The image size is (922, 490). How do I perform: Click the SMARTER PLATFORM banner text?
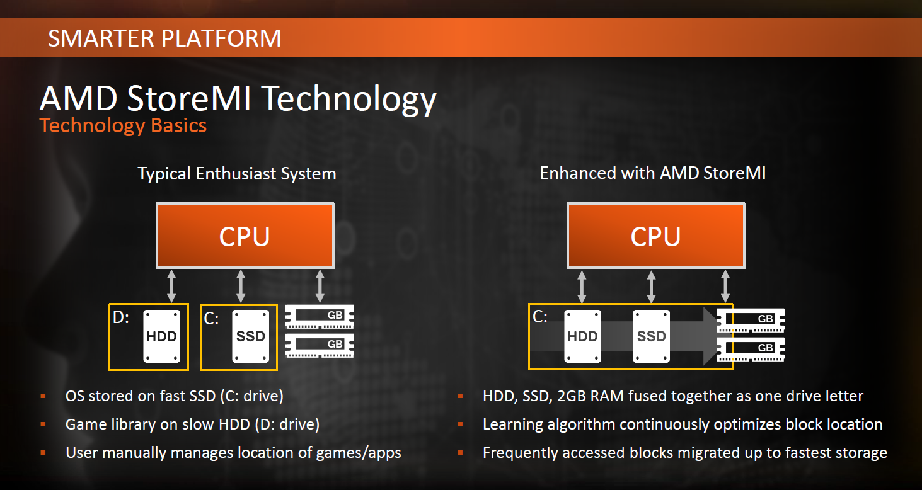[x=164, y=38]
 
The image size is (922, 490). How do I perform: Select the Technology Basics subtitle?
[x=123, y=125]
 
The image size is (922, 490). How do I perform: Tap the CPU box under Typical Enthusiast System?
[x=245, y=236]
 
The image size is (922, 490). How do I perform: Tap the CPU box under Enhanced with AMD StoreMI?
[x=655, y=236]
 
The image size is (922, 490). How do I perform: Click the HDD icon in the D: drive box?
[x=161, y=336]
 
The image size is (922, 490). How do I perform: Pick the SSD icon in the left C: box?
[x=250, y=336]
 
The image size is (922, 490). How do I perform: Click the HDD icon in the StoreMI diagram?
[x=582, y=336]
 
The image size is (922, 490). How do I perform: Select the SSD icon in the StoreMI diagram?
[x=651, y=336]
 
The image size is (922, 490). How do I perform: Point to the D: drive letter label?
[x=120, y=318]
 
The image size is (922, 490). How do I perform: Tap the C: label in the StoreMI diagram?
[x=540, y=317]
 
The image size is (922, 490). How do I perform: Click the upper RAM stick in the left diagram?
[x=320, y=316]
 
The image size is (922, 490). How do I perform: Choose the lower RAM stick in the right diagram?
[x=751, y=348]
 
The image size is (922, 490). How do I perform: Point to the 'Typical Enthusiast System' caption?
[x=237, y=173]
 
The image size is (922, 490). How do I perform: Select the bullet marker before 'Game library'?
[x=43, y=424]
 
